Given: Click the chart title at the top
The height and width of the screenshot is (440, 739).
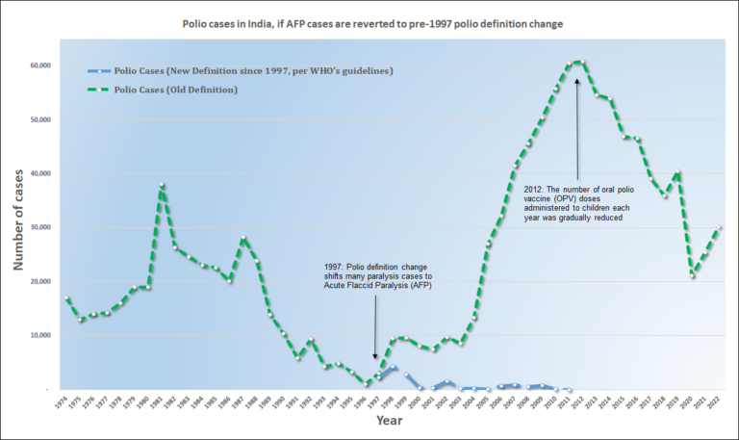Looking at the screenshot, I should [x=369, y=22].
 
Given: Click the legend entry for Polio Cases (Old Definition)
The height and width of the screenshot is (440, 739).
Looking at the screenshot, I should [x=177, y=90].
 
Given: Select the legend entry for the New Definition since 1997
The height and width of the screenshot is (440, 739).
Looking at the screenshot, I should [x=254, y=71].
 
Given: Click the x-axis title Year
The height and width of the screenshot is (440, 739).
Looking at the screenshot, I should [x=389, y=421].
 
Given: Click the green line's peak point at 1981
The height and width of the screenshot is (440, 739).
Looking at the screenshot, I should [x=162, y=184].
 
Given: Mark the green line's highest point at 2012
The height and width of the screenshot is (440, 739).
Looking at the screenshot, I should [x=577, y=62].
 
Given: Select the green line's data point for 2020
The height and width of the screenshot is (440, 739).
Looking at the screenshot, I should [x=692, y=275].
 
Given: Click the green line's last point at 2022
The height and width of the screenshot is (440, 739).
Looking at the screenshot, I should [x=719, y=227].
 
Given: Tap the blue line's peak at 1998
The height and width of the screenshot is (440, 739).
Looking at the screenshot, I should [x=394, y=367].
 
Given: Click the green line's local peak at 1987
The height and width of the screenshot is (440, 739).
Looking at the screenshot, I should [x=243, y=238].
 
